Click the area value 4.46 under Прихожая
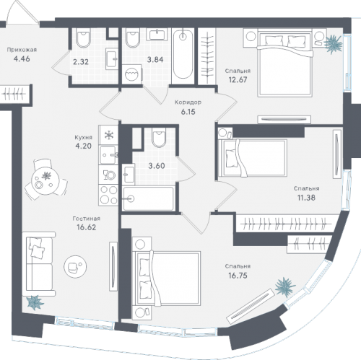[x=22, y=58]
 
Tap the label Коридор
[x=188, y=102]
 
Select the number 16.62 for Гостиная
[x=87, y=227]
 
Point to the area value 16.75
[x=238, y=276]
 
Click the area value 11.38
[x=306, y=198]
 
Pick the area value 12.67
[x=238, y=79]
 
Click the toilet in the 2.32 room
[x=83, y=38]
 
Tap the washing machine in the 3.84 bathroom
[x=132, y=74]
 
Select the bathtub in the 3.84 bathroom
[x=183, y=56]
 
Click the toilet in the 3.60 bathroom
[x=159, y=138]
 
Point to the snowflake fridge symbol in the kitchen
[x=108, y=135]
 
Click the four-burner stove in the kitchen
[x=108, y=196]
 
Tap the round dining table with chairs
[x=45, y=179]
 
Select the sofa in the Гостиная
[x=39, y=264]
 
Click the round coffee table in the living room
[x=75, y=267]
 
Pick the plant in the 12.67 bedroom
[x=334, y=44]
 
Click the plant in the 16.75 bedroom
[x=285, y=287]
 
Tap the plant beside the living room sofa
[x=35, y=302]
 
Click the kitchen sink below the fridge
[x=108, y=155]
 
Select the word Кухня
[x=83, y=138]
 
